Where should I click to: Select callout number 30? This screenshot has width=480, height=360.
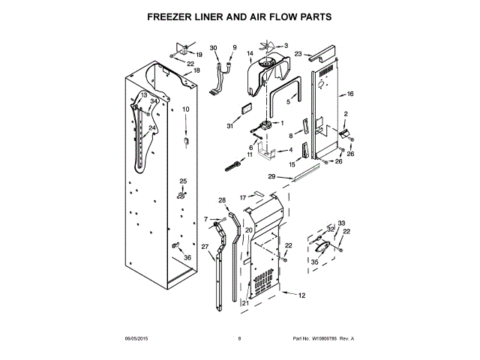click(214, 48)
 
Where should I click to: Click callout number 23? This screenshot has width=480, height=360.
click(298, 54)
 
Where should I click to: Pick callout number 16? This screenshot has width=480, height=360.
click(349, 94)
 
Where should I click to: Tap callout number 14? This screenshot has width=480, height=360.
click(250, 54)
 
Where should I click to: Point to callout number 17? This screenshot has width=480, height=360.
click(243, 196)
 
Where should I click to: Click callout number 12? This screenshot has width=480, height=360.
click(301, 295)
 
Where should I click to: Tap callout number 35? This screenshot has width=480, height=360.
click(314, 262)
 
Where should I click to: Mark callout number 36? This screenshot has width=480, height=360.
click(187, 258)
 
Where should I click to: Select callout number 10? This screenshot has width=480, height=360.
click(185, 109)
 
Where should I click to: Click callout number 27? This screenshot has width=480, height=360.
click(205, 247)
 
